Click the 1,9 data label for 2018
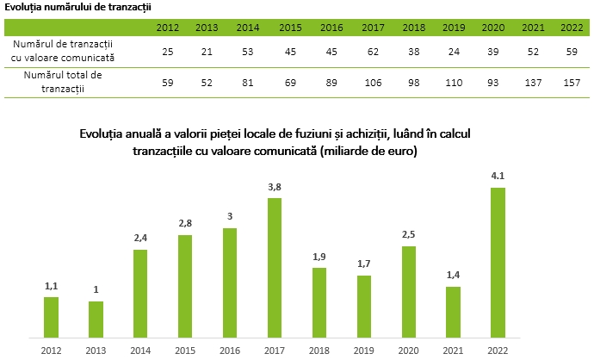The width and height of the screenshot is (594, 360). pyautogui.click(x=320, y=257)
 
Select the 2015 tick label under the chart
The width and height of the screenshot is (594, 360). pyautogui.click(x=185, y=350)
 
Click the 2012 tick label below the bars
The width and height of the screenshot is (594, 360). pyautogui.click(x=50, y=350)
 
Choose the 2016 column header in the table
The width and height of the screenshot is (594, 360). pyautogui.click(x=331, y=28)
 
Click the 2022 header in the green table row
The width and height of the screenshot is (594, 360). pyautogui.click(x=571, y=28)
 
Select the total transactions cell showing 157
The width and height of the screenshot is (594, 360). pyautogui.click(x=571, y=82)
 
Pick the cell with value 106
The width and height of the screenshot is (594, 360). pyautogui.click(x=373, y=82)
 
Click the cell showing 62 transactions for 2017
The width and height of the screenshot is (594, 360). pyautogui.click(x=373, y=52)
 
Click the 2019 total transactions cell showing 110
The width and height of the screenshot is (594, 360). pyautogui.click(x=454, y=82)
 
